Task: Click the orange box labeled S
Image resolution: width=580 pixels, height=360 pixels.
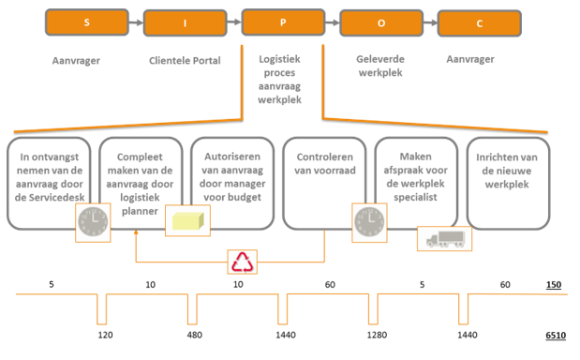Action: [x=87, y=21]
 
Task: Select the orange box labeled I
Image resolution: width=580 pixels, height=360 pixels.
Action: [x=184, y=22]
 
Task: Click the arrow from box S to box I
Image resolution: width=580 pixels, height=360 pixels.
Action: [x=136, y=22]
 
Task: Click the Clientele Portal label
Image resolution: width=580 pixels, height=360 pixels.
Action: [x=185, y=61]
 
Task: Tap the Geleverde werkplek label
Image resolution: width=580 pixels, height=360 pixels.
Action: [x=379, y=65]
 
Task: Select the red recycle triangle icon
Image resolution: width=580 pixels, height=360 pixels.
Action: [x=244, y=262]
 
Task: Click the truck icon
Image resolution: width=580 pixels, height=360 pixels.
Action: [x=444, y=238]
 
